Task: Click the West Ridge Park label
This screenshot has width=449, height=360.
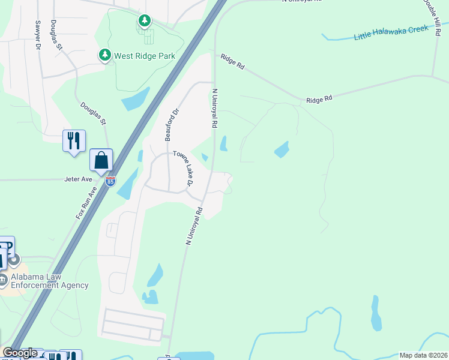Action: (x=145, y=56)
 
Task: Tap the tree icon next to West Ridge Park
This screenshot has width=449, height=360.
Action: (x=105, y=56)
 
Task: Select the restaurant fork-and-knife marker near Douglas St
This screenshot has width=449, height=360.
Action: (x=74, y=141)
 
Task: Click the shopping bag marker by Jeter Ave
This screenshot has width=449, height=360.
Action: (x=101, y=161)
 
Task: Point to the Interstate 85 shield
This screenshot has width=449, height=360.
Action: (x=110, y=181)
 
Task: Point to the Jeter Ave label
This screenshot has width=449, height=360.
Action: (x=79, y=179)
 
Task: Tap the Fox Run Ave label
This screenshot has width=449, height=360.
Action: (x=86, y=203)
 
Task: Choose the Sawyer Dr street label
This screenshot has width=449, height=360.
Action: (x=38, y=34)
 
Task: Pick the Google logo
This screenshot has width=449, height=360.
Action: (x=19, y=353)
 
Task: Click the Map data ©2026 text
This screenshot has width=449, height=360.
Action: (x=423, y=355)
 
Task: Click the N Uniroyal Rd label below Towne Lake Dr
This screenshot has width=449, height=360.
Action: (x=194, y=226)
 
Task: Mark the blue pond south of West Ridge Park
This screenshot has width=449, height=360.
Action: (x=136, y=99)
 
